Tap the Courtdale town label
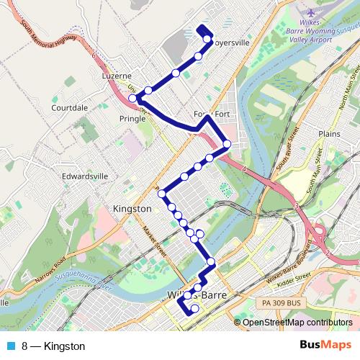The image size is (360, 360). [x=69, y=107]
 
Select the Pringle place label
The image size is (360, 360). [x=132, y=118]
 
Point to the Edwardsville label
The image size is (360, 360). [x=85, y=175]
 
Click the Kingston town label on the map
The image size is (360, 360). [x=132, y=208]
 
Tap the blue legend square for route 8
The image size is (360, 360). [x=9, y=346]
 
